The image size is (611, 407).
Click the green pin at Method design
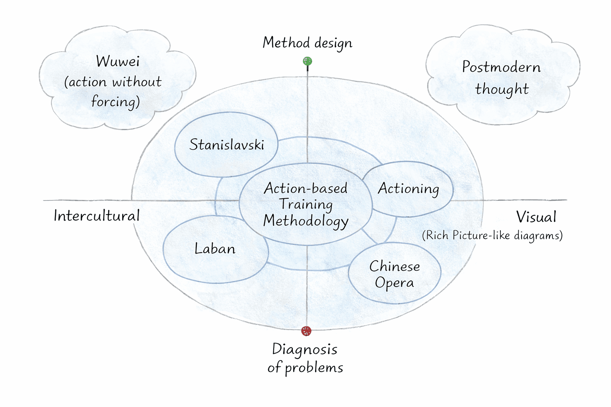(x=307, y=61)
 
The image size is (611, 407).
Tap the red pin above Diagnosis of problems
(x=306, y=331)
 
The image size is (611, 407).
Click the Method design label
(x=307, y=43)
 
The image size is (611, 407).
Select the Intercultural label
(x=97, y=216)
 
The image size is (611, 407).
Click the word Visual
(x=536, y=217)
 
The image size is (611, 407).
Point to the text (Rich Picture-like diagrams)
(x=492, y=235)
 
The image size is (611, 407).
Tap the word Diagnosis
(x=305, y=350)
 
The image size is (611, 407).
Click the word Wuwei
(x=118, y=62)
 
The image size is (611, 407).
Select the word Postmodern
(x=501, y=67)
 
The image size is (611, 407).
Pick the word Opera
(x=394, y=283)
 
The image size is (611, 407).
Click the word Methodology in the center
(x=305, y=221)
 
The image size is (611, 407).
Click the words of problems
(x=305, y=368)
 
